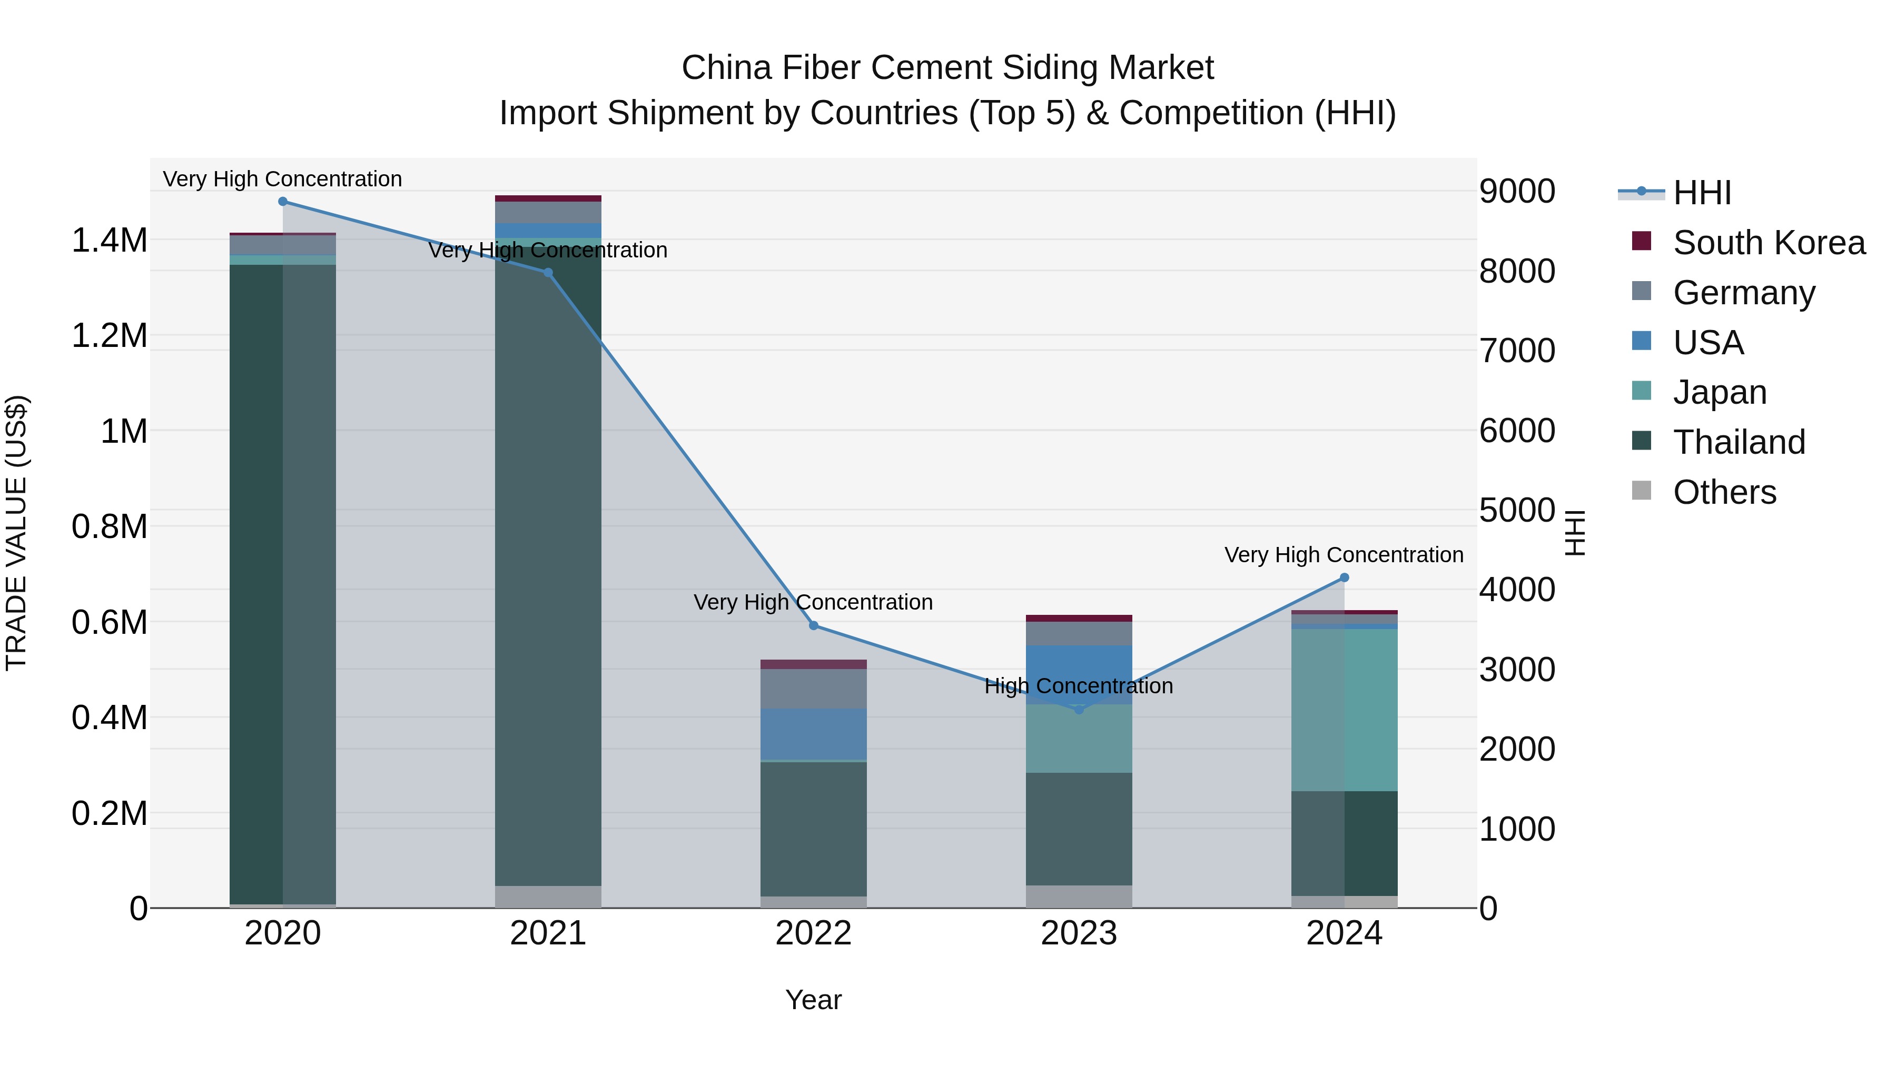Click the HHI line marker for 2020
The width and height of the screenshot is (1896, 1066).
click(x=283, y=202)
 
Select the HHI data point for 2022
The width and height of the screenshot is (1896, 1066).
click(x=813, y=625)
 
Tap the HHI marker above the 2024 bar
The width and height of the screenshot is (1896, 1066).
click(x=1344, y=577)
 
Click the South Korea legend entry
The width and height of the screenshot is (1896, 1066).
click(x=1768, y=243)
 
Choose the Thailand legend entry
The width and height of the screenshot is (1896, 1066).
click(x=1739, y=442)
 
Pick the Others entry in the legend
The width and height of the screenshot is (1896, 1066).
click(x=1724, y=492)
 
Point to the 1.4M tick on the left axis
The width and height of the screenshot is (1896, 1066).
click(x=109, y=241)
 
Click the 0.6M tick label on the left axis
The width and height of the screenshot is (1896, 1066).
click(x=109, y=622)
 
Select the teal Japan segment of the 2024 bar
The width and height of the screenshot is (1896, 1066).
click(x=1344, y=710)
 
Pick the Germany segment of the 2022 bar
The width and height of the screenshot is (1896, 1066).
click(x=813, y=689)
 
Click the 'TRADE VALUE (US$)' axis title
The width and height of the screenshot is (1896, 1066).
click(x=16, y=533)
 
